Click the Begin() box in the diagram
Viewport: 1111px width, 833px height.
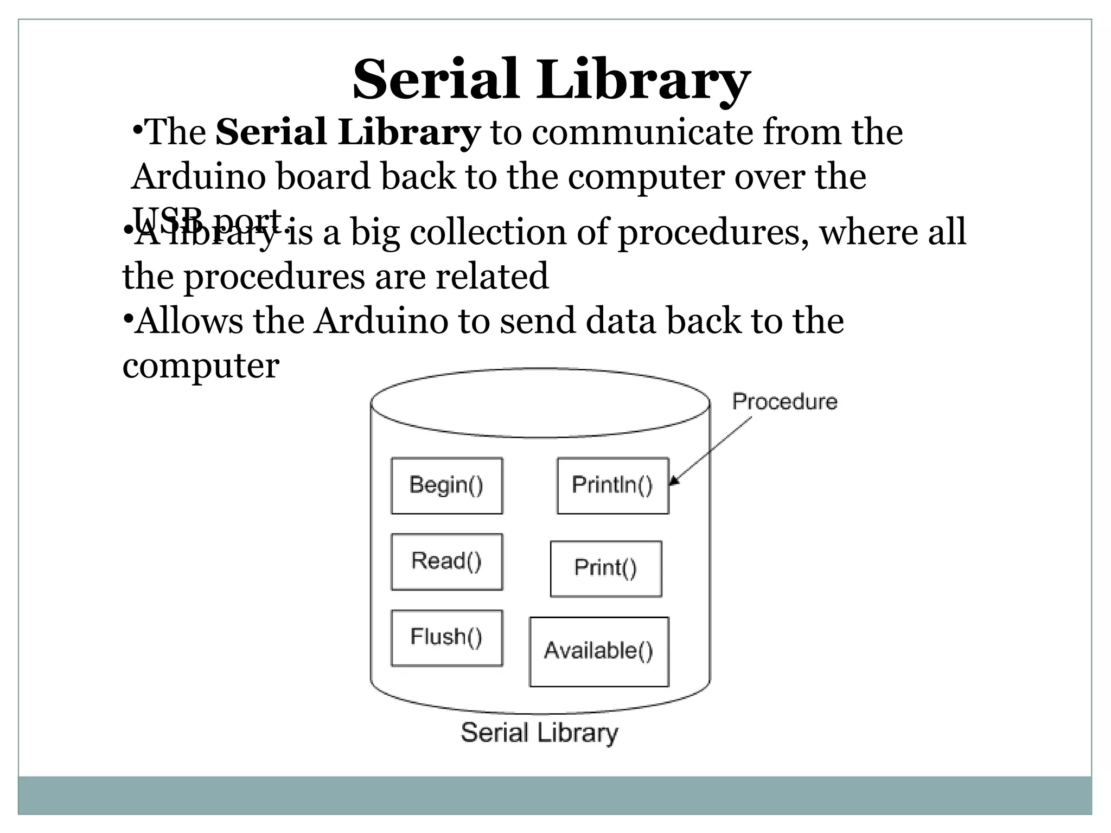446,485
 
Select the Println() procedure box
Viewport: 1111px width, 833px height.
612,485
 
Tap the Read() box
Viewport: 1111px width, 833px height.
446,561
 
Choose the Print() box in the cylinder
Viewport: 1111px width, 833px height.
605,568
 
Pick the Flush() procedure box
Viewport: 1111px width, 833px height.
446,637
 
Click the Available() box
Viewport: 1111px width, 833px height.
599,651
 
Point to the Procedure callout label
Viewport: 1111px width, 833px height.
784,402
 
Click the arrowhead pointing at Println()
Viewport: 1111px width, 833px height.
674,481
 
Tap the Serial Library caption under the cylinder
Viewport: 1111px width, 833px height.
539,733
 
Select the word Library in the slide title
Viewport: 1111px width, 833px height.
644,80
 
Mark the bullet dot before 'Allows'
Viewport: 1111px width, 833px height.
127,317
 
